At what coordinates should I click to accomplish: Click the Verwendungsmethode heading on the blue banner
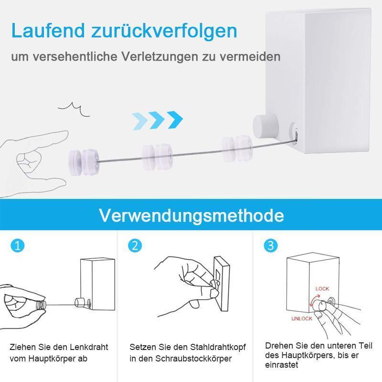pos(191,215)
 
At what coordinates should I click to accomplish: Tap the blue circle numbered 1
pos(17,246)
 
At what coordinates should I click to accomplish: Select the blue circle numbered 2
pos(135,246)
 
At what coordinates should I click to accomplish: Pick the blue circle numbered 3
pos(271,246)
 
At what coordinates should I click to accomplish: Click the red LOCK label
pos(322,289)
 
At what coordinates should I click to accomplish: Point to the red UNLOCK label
pos(301,318)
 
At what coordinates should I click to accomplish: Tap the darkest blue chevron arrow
pos(174,117)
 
